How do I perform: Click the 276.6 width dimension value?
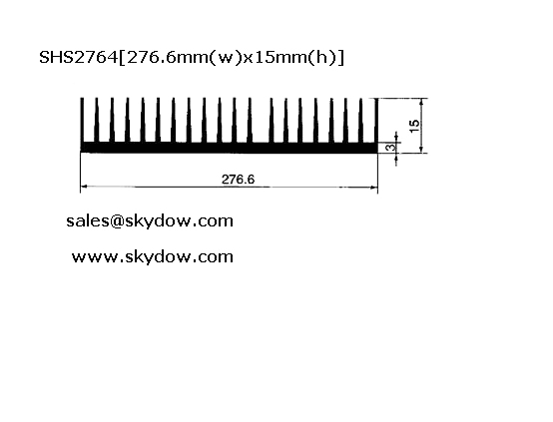(x=238, y=180)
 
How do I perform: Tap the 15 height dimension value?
(x=415, y=126)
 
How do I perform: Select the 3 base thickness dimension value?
(x=390, y=147)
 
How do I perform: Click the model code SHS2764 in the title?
(x=78, y=57)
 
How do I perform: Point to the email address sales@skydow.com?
(x=150, y=221)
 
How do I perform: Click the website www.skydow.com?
(x=153, y=256)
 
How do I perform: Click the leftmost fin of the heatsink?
(x=82, y=121)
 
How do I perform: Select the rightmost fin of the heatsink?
(x=376, y=121)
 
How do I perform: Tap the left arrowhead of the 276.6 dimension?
(x=84, y=187)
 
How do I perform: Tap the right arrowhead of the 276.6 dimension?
(x=374, y=188)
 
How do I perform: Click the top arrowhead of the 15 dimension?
(x=421, y=102)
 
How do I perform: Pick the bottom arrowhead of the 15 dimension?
(x=421, y=150)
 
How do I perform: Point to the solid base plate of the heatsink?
(x=230, y=148)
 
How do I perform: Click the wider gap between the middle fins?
(x=261, y=121)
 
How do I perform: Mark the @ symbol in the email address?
(x=117, y=221)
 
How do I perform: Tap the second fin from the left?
(x=97, y=121)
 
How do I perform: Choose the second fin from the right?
(x=361, y=121)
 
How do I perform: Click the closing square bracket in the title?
(x=340, y=58)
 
